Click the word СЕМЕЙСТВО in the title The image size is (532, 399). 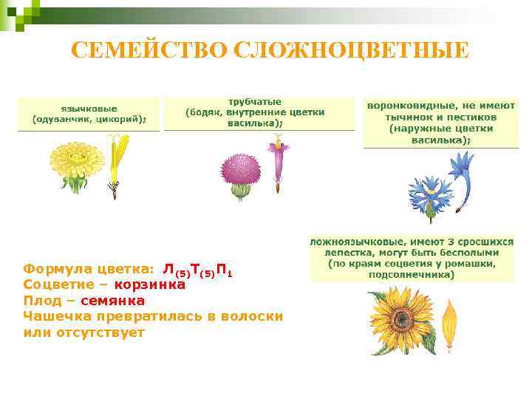[x=148, y=50]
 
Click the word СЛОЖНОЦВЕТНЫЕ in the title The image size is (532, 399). [x=350, y=50]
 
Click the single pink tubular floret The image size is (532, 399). [x=278, y=163]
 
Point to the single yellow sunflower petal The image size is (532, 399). [x=449, y=325]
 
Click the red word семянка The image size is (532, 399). [x=113, y=301]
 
